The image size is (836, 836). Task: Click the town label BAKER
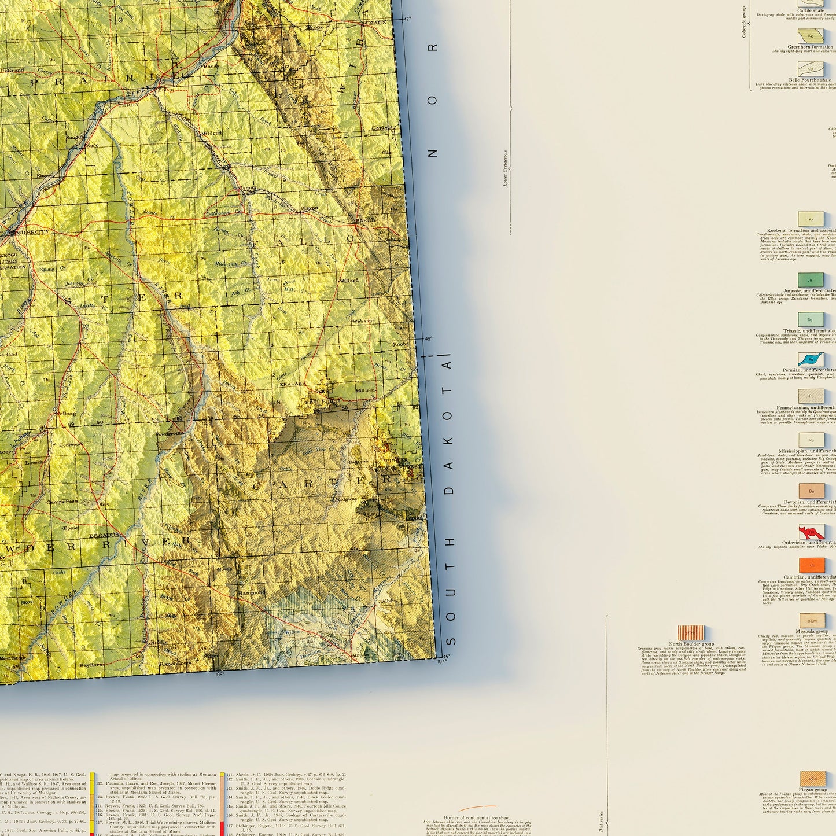tap(365, 220)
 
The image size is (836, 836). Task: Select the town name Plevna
tap(310, 208)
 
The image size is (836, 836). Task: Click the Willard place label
tap(349, 281)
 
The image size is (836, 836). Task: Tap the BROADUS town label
tap(104, 535)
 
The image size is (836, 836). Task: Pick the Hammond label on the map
tap(252, 592)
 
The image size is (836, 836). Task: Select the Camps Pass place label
tap(62, 502)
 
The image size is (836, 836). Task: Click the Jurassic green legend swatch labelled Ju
tap(811, 280)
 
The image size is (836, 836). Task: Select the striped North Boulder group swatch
tap(691, 632)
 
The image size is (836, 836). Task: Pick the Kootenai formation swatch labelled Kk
tap(811, 219)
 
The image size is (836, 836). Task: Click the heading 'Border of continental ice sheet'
tap(477, 818)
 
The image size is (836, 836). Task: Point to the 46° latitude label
tap(429, 339)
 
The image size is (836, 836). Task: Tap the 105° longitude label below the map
tap(219, 674)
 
